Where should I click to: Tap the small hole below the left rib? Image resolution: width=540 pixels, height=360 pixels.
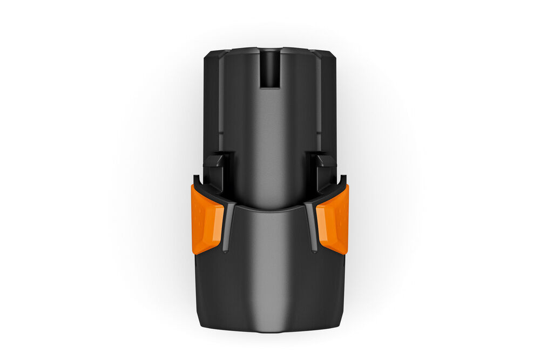coord(225,250)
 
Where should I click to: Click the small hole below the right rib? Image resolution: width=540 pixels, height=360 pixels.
coord(314,250)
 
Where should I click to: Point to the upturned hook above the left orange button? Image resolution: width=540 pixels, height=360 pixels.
coord(195,180)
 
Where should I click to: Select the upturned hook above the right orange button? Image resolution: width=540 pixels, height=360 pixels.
coord(344,180)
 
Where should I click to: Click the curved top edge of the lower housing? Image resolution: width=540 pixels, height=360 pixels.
coord(269,208)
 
